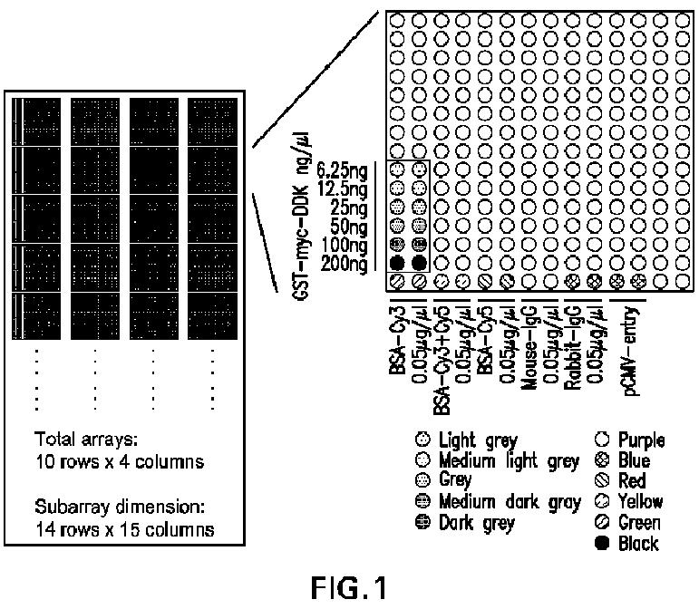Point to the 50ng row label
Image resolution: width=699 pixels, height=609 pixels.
tap(349, 226)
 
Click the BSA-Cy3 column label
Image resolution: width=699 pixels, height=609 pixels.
tap(396, 334)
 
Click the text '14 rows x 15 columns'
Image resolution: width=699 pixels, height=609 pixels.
tap(124, 529)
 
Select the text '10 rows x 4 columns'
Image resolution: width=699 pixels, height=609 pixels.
tap(119, 462)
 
